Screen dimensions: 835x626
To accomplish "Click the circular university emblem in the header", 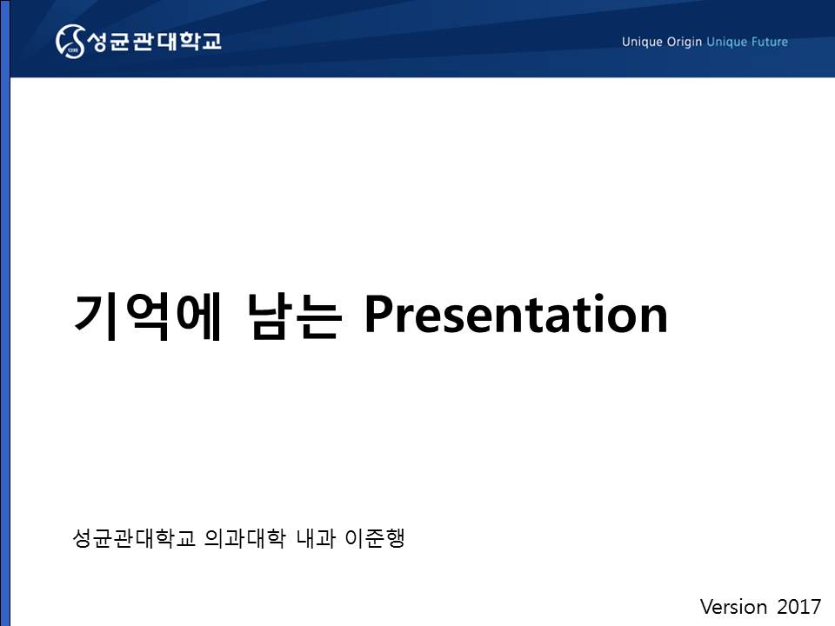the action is (70, 41).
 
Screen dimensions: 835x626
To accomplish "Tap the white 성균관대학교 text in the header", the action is (154, 41).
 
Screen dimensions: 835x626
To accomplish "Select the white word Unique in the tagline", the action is (642, 42).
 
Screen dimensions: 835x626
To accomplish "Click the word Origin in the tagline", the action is (685, 42).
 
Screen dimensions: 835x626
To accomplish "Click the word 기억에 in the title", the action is (147, 316).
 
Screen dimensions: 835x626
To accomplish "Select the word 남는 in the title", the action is (294, 316).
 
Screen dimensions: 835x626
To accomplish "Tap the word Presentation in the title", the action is (516, 314).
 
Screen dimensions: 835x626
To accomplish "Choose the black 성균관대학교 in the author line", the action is (134, 538).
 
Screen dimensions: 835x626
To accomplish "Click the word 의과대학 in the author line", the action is (245, 538).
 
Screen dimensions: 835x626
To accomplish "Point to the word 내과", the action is (316, 538).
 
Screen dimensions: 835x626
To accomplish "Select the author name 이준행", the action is (375, 538).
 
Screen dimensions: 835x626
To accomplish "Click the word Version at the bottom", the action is (733, 607).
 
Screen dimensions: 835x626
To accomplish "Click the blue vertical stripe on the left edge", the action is (5, 313).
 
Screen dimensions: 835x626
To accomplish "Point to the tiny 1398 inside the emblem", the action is (73, 50).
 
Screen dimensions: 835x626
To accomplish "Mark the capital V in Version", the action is (708, 607).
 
